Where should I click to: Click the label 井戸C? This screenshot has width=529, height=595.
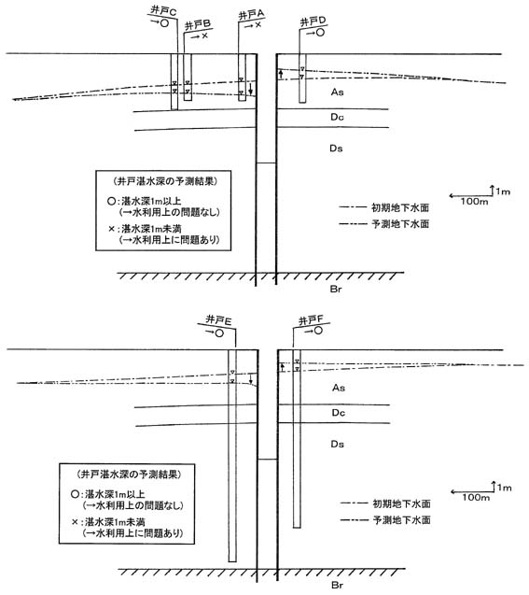point(163,10)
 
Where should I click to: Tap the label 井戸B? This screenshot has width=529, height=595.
point(198,25)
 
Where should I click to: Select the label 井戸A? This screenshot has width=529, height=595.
point(251,15)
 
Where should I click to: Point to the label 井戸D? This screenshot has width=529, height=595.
point(313,21)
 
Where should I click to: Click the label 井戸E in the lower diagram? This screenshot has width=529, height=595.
point(218,320)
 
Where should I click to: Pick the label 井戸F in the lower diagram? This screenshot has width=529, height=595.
point(311,320)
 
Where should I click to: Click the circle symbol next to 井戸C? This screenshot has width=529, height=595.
point(165,22)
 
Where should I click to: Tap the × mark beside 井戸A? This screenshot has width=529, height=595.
point(258,24)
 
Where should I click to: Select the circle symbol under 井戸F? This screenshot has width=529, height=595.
point(318,331)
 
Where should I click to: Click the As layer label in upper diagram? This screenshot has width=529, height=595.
point(337,92)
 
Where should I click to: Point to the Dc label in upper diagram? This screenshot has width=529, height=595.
point(337,117)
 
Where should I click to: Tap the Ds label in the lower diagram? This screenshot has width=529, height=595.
point(337,444)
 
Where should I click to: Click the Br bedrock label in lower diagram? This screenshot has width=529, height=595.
point(337,585)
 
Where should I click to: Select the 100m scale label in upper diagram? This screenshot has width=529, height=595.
point(475,201)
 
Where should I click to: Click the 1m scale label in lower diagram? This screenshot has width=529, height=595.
point(505,488)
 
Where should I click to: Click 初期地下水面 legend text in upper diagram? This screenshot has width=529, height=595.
point(400,207)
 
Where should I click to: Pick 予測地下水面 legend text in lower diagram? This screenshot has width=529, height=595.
point(402,520)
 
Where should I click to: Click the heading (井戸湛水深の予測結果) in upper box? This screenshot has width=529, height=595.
point(165,181)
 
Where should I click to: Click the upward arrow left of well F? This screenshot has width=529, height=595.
point(282,367)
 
